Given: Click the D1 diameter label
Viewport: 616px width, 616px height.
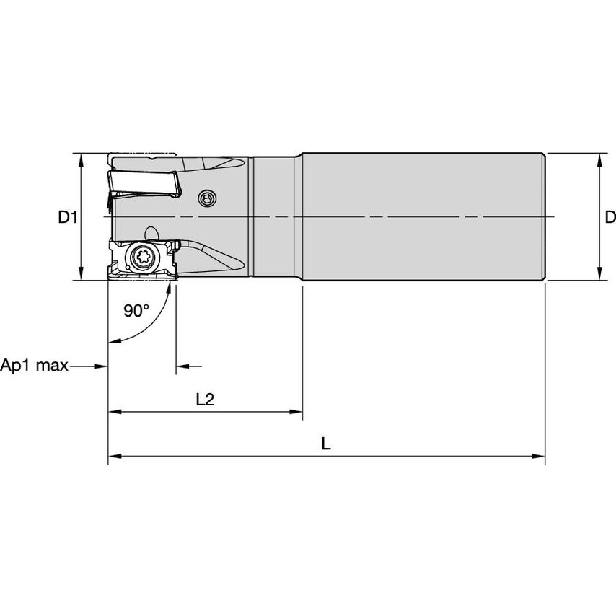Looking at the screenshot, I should pos(67,216).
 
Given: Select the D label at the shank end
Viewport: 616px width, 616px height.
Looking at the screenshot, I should pos(610,216).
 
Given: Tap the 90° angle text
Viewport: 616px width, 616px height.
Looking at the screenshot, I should pos(136,310).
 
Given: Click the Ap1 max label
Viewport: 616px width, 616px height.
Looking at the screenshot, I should pos(35,366).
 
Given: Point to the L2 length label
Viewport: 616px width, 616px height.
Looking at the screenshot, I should pos(206,399).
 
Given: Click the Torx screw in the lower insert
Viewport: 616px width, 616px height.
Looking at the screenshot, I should pos(142,257).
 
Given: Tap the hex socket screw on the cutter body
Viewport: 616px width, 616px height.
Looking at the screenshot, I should pos(208,197).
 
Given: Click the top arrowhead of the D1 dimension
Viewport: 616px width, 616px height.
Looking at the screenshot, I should pos(80,159).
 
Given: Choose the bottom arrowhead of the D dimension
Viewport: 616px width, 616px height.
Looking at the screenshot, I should pos(598,273).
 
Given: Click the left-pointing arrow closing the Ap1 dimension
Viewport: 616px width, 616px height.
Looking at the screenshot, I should pos(182,366).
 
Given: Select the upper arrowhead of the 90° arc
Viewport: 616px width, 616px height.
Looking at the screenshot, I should pos(172,287).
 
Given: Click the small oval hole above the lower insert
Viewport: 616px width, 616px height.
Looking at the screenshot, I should pos(151,234).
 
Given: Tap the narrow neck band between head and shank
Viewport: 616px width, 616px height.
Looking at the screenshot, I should pos(275,216).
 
